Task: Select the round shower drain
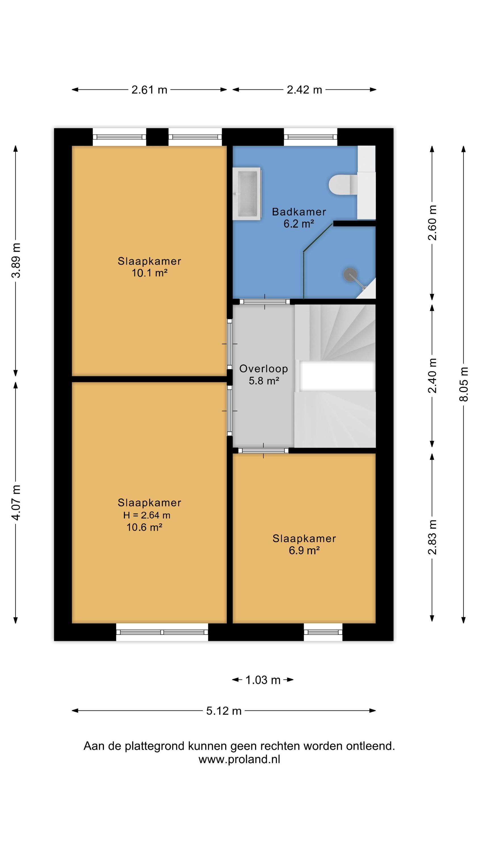click(350, 275)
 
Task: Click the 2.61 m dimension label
click(149, 90)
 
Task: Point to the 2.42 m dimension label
click(304, 90)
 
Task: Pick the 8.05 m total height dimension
click(464, 384)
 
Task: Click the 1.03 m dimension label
click(263, 680)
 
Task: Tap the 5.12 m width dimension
click(224, 711)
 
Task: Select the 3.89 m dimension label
click(16, 260)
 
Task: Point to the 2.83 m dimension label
click(432, 537)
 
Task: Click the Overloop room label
click(263, 369)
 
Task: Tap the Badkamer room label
click(299, 212)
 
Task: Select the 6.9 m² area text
click(304, 551)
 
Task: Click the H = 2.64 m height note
click(147, 515)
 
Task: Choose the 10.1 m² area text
click(150, 273)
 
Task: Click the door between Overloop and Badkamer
click(264, 302)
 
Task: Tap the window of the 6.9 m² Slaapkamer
click(323, 632)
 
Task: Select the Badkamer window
click(310, 137)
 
